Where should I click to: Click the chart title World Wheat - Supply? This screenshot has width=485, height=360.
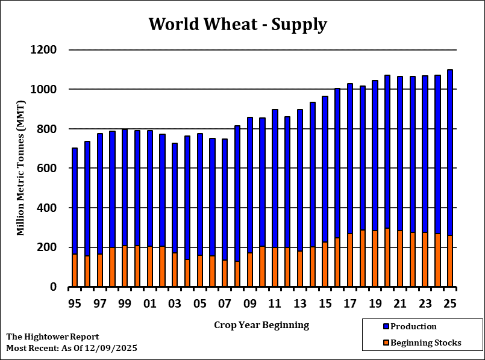coord(237,24)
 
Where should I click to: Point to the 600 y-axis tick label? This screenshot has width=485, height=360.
coord(48,169)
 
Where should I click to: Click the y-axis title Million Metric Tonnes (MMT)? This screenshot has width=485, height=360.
coord(20,169)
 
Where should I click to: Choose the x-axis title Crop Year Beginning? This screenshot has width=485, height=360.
coord(261,325)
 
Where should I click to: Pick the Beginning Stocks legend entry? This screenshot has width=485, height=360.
coord(425,343)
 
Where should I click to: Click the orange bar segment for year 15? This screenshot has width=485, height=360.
coord(325,265)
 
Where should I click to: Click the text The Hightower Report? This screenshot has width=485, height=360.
coord(52,337)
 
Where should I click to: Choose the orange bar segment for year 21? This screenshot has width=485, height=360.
coord(400,259)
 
